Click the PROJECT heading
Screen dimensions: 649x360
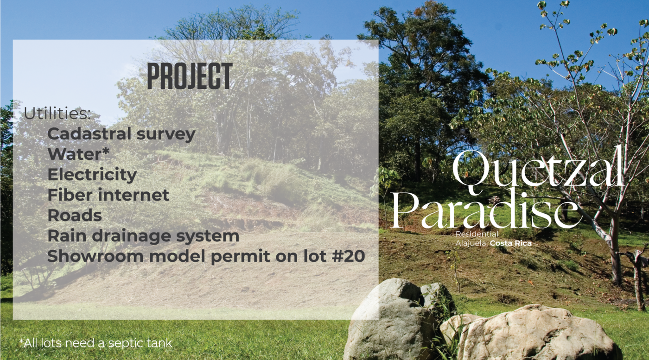[x=190, y=76]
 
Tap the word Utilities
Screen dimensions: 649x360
[x=57, y=114]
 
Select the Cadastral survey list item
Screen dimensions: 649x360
[x=121, y=134]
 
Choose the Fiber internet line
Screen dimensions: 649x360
[x=108, y=195]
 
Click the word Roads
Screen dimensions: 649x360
[x=75, y=215]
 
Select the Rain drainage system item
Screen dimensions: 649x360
[x=143, y=236]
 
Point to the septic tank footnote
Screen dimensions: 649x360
[x=95, y=343]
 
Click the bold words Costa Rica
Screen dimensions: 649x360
[x=511, y=243]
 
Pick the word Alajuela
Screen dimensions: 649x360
[x=472, y=244]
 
